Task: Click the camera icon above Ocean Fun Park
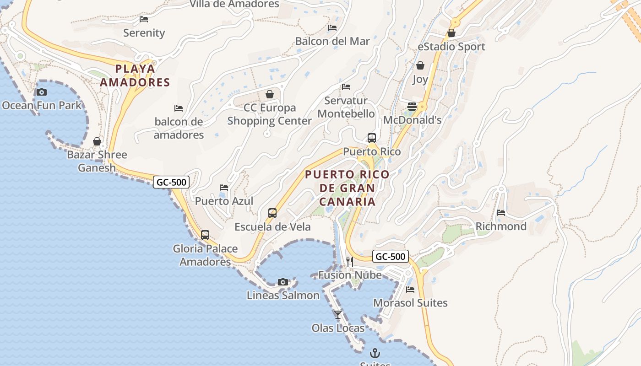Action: [x=42, y=92]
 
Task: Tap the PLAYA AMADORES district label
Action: [x=135, y=75]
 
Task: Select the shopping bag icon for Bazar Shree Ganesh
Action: [x=97, y=141]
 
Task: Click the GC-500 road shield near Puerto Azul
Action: [x=171, y=182]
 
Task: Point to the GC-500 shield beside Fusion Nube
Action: [x=390, y=256]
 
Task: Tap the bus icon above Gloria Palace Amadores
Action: [x=205, y=235]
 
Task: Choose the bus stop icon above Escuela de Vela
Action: [x=272, y=213]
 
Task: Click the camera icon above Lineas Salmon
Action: [x=283, y=282]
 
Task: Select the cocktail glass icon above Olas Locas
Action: [x=338, y=315]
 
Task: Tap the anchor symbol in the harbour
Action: [x=375, y=353]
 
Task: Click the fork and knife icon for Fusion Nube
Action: [x=350, y=261]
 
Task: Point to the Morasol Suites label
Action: [x=410, y=303]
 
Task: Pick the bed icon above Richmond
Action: [x=501, y=213]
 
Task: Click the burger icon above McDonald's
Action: [x=412, y=107]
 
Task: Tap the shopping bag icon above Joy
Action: [x=420, y=66]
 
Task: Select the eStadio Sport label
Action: [x=451, y=47]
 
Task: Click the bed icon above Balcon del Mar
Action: [x=332, y=28]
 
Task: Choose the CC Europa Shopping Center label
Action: [x=269, y=114]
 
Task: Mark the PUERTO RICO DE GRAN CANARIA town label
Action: [x=347, y=188]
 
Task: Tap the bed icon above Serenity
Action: [x=144, y=19]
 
